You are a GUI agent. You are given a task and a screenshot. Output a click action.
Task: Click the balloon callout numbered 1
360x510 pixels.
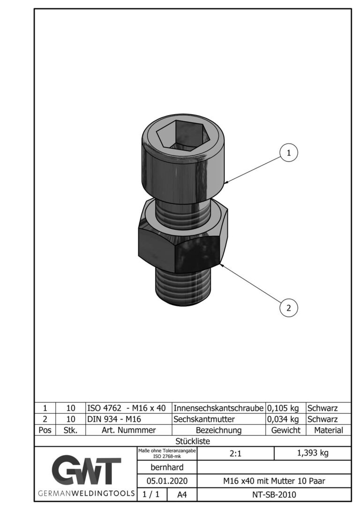(289, 152)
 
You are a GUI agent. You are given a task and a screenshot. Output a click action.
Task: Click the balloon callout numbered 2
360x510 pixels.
(289, 308)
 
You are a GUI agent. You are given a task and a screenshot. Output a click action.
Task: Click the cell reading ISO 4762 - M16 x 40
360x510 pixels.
(126, 408)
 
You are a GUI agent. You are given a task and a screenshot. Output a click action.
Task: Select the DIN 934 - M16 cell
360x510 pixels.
(114, 419)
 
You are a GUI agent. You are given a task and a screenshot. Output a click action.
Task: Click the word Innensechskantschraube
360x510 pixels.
(218, 408)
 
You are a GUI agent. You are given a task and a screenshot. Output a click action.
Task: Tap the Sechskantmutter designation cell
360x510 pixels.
(204, 419)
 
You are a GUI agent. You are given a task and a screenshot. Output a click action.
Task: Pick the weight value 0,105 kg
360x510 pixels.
(283, 408)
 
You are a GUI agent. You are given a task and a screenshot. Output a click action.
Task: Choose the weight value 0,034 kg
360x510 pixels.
(283, 419)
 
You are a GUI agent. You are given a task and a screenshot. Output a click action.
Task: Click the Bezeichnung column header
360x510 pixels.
(218, 430)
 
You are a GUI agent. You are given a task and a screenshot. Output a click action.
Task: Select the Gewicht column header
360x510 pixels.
(285, 430)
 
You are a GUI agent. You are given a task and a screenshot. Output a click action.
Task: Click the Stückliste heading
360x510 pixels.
(193, 441)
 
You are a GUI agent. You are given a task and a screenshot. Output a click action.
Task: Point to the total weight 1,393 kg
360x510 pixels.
(313, 453)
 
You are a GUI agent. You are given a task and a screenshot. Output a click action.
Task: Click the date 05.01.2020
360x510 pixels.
(167, 481)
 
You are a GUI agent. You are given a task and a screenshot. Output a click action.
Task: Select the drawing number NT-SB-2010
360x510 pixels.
(274, 495)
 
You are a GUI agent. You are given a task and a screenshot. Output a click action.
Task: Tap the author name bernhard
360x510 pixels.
(167, 467)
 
